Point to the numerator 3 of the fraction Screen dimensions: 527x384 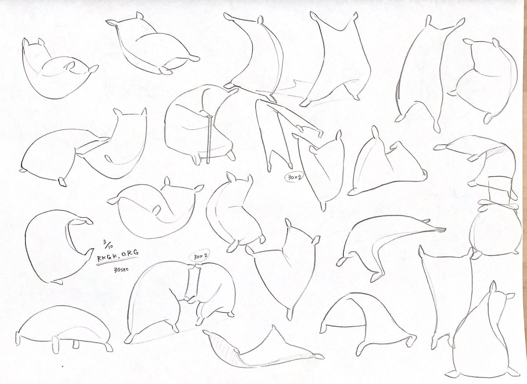[105, 242]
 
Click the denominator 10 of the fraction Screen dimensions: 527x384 [110, 246]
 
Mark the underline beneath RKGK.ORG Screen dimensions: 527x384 [117, 261]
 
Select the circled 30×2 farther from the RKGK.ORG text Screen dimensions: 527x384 [294, 178]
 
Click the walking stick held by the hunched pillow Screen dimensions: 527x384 [209, 139]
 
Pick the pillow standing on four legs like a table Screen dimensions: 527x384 [64, 329]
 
